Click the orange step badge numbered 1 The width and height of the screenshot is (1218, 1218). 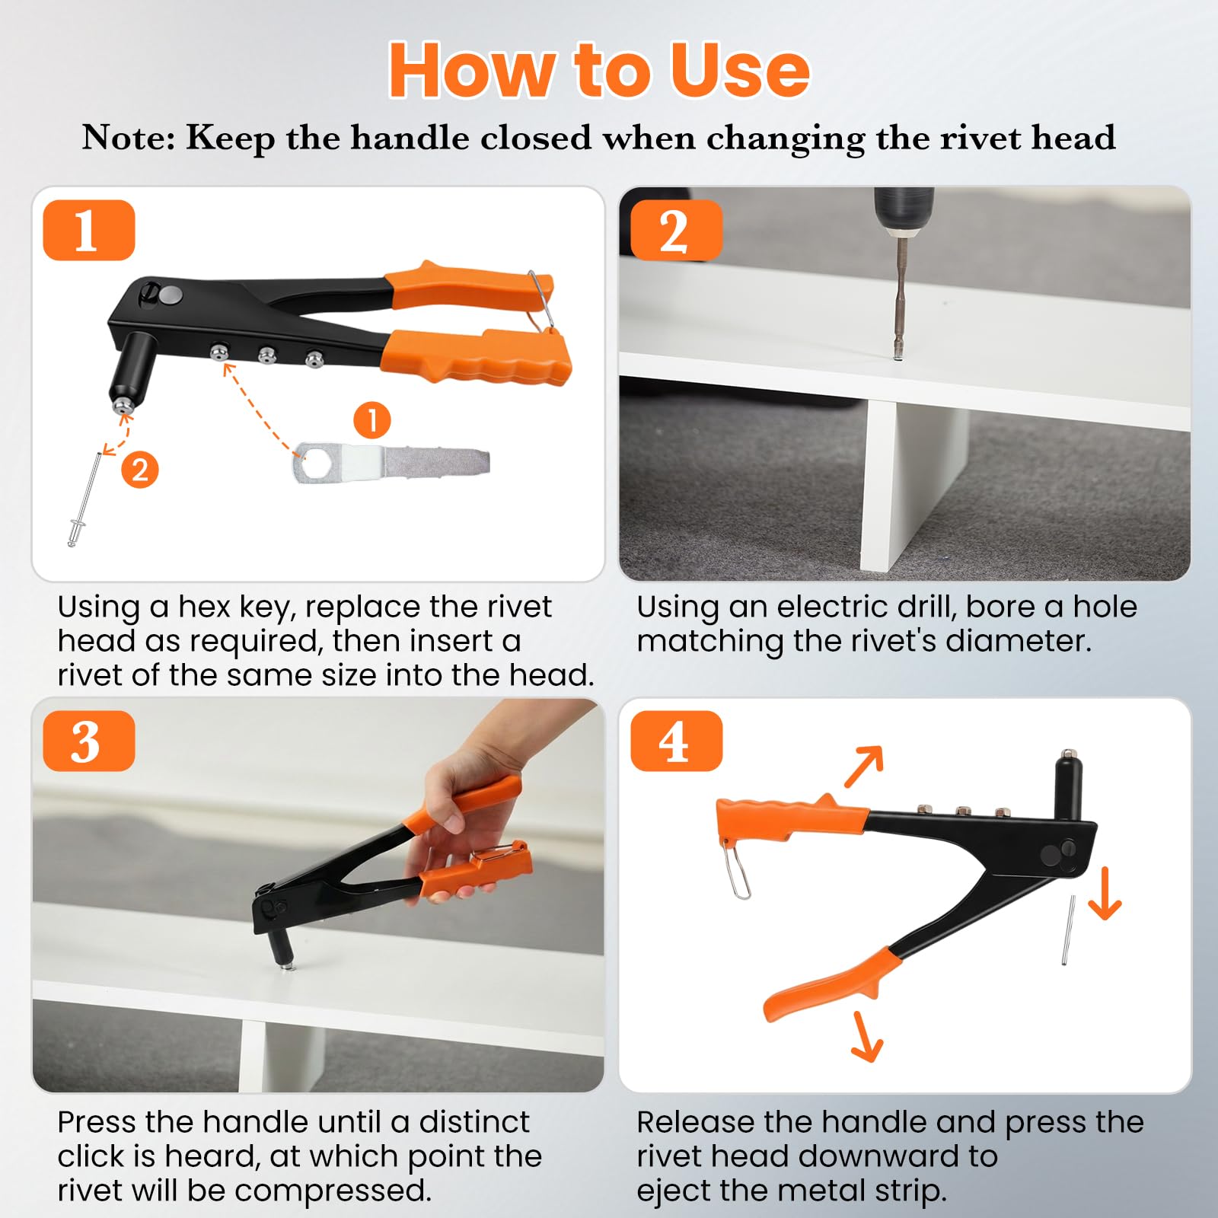(89, 230)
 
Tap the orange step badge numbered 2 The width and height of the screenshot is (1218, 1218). (676, 230)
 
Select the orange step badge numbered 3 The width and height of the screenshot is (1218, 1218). (89, 741)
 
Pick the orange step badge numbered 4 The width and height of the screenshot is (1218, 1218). (676, 741)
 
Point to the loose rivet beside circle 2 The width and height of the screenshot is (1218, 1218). (83, 499)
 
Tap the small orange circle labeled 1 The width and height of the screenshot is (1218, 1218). (372, 420)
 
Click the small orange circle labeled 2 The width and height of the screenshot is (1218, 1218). (140, 470)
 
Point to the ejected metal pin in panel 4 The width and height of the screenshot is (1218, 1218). (1069, 930)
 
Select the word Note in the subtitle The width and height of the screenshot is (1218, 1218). (129, 138)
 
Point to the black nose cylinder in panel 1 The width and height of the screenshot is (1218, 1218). (130, 366)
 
